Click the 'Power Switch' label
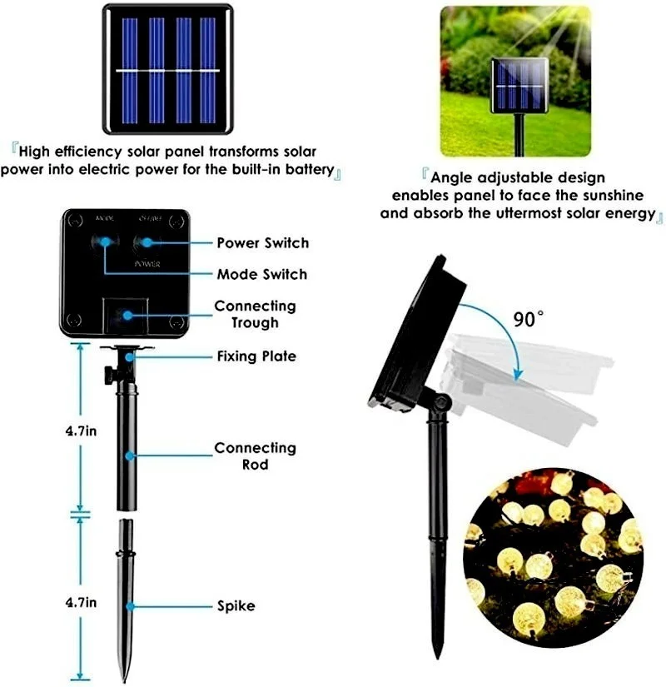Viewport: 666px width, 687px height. click(x=262, y=243)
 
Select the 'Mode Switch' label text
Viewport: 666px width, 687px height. click(x=261, y=274)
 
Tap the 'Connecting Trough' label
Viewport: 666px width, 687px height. click(x=255, y=314)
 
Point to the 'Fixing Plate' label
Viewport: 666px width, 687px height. click(x=256, y=356)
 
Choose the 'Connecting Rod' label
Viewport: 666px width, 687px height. click(x=255, y=456)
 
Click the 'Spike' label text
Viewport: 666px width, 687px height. click(x=237, y=606)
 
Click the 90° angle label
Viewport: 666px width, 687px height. click(x=529, y=320)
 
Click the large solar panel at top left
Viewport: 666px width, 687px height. click(x=167, y=69)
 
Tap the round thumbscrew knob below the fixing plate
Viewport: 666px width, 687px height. click(x=109, y=374)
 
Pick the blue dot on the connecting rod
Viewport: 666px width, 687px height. click(x=130, y=456)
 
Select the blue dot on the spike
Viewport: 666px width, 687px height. click(x=130, y=607)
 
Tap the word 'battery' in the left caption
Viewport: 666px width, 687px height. click(x=306, y=170)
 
